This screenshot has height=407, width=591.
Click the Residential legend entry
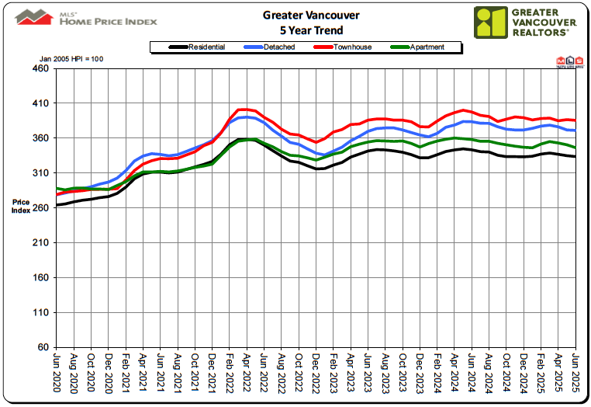pos(198,47)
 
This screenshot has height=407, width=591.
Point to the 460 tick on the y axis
pos(40,69)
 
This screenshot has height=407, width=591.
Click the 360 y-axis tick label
pos(40,138)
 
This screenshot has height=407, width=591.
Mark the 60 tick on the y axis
pos(43,347)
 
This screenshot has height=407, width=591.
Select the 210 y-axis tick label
pos(40,243)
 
